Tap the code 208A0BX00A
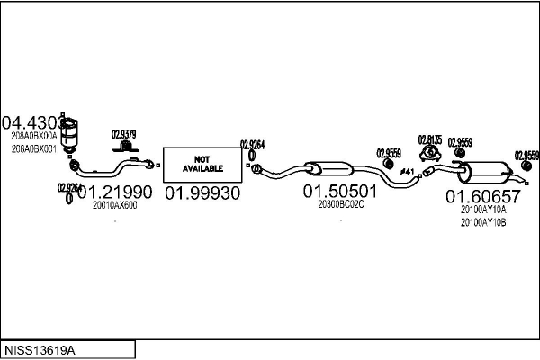tap(33, 136)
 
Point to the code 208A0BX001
tap(33, 148)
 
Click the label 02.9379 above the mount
tap(123, 135)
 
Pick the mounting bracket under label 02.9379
tap(128, 147)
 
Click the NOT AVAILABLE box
tap(195, 163)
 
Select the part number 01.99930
tap(202, 194)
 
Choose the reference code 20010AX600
tap(115, 206)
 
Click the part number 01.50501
tap(339, 191)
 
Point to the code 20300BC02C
tap(340, 204)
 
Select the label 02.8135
tap(430, 139)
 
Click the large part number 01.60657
tap(483, 196)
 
